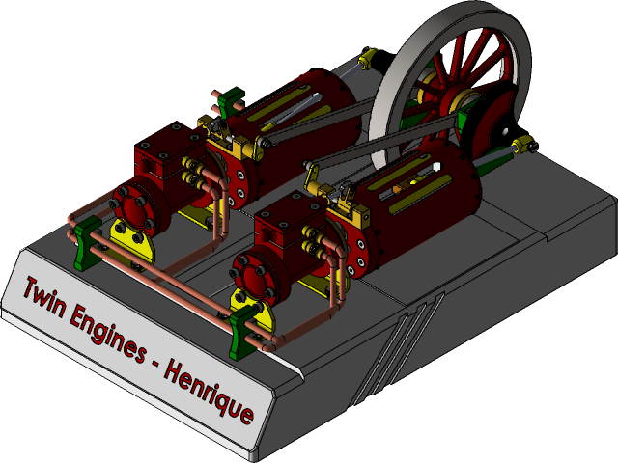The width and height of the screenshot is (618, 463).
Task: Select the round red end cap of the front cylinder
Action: (255, 275)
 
